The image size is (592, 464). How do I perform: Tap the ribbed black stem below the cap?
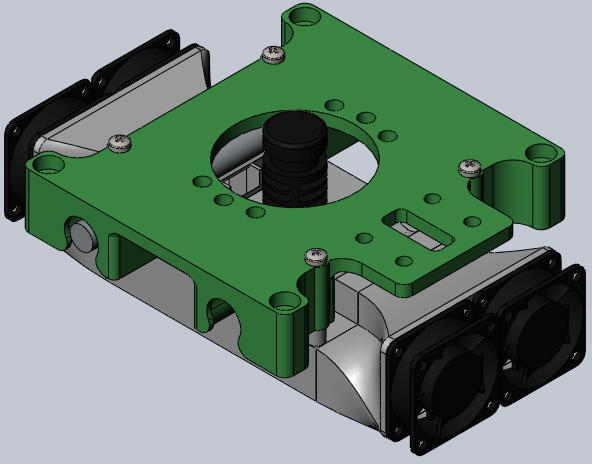click(293, 183)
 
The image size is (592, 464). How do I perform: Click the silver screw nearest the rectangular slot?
click(469, 167)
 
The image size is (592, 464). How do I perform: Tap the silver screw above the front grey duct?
click(317, 257)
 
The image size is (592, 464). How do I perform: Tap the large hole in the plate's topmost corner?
click(303, 17)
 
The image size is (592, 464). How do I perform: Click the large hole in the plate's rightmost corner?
click(541, 155)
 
